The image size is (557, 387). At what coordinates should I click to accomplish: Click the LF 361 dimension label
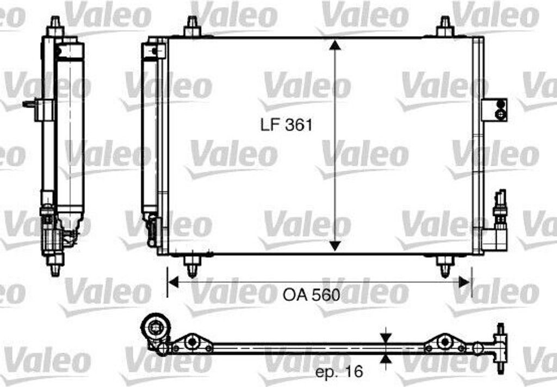[286, 125]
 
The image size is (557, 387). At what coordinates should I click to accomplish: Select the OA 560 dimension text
[312, 295]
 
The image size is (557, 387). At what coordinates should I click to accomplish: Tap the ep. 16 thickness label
[339, 372]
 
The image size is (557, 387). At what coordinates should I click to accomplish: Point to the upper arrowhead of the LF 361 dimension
[335, 45]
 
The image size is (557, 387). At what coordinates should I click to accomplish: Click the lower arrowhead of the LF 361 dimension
[335, 245]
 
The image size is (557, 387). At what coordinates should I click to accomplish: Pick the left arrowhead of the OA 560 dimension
[173, 283]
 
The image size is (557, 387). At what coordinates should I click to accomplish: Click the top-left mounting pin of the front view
[192, 26]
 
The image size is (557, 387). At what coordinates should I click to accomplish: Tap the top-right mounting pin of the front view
[445, 26]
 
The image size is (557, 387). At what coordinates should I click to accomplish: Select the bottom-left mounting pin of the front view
[192, 266]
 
